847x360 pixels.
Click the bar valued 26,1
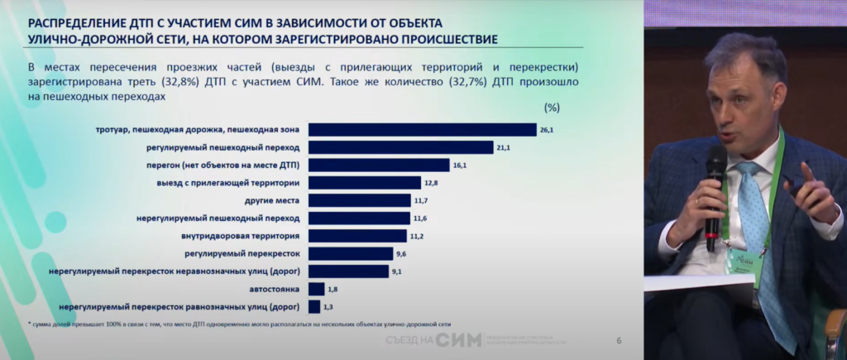tap(422, 129)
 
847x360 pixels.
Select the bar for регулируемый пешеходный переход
tap(401, 147)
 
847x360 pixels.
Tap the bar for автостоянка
tap(315, 289)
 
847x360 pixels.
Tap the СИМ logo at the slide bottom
tap(457, 340)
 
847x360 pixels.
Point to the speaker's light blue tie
tap(755, 223)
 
